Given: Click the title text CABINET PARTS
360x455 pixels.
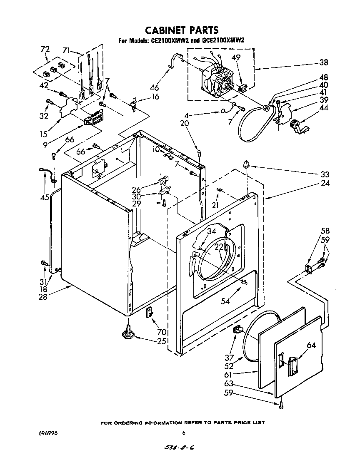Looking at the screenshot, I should [181, 30].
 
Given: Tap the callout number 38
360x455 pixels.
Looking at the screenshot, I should [323, 63].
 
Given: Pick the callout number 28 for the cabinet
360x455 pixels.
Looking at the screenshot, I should [43, 296].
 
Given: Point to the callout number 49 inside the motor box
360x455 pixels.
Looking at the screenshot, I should [236, 58].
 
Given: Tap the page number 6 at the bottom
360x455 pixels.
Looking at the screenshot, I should [183, 433].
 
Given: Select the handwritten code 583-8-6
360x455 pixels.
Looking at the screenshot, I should [180, 447].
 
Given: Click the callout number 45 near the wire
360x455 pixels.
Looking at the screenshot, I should [45, 197].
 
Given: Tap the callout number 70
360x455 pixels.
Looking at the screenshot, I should [162, 332].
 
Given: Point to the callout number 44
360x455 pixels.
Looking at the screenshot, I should [323, 108].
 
